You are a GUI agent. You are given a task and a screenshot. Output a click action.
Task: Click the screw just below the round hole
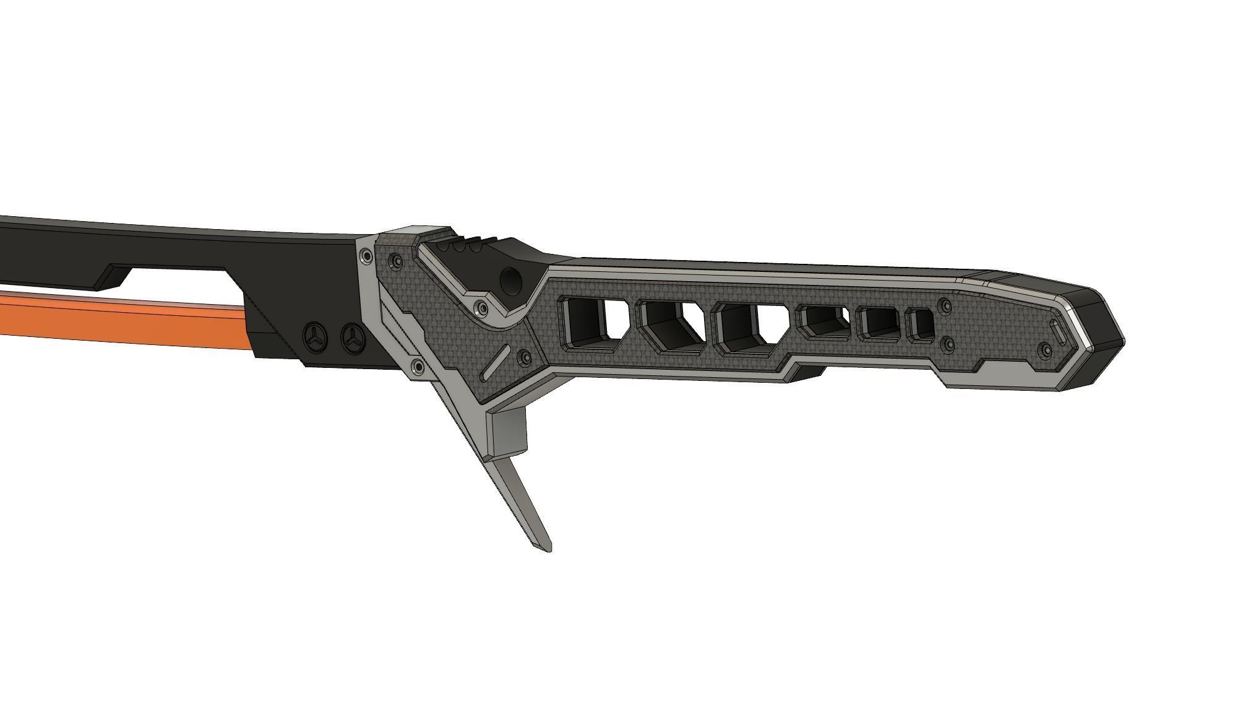pyautogui.click(x=479, y=307)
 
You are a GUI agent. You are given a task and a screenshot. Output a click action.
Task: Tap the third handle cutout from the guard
pyautogui.click(x=749, y=328)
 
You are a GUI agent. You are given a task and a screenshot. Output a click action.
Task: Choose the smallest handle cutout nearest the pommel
pyautogui.click(x=919, y=325)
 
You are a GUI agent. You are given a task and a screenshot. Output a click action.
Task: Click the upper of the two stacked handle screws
pyautogui.click(x=944, y=305)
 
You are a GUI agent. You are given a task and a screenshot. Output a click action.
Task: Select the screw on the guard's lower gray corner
pyautogui.click(x=418, y=367)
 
